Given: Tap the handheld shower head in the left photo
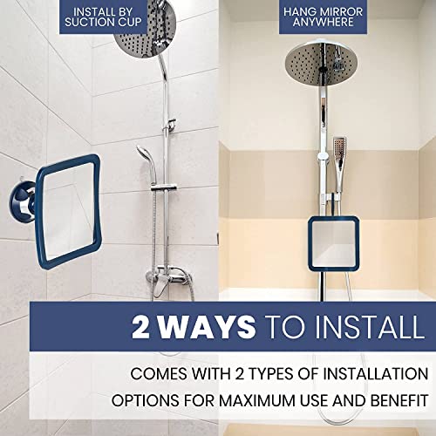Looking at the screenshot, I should (x=143, y=159).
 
